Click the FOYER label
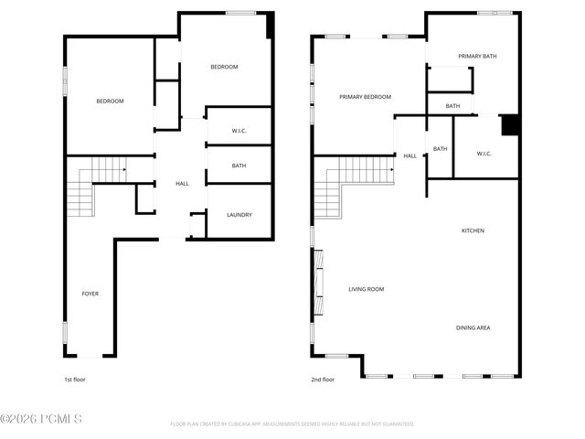(90, 294)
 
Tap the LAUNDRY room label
(239, 215)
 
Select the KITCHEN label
(473, 230)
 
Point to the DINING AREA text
(473, 327)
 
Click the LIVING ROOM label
(366, 289)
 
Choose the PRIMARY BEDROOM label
(365, 97)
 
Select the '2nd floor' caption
(323, 379)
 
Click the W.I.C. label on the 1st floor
(239, 131)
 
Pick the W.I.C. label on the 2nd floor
(484, 154)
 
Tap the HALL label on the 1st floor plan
(182, 184)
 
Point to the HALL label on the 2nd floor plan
(409, 155)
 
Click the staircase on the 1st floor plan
(91, 187)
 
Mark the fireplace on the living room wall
(317, 285)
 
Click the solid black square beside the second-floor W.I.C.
(510, 124)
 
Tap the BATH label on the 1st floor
(239, 166)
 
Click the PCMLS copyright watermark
(41, 420)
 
